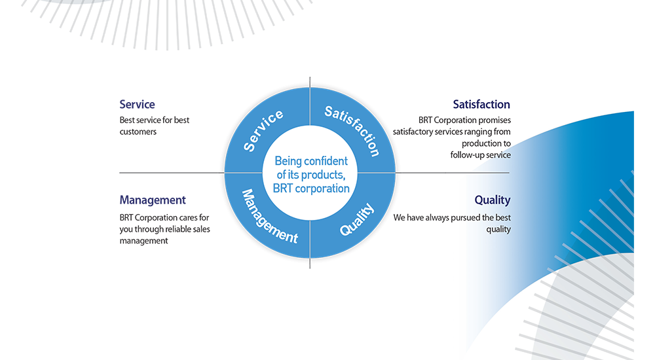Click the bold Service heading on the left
(137, 104)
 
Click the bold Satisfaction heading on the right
(481, 104)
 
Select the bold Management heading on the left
(153, 200)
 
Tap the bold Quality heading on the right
(492, 200)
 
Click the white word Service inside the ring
(263, 131)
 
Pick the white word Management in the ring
(269, 217)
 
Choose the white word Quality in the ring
(357, 219)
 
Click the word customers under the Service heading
(138, 132)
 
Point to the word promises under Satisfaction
(495, 120)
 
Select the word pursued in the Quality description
(466, 217)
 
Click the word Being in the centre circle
(288, 161)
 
